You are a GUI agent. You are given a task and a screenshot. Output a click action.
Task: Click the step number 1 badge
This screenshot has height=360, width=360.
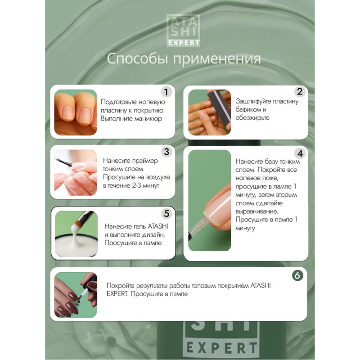pos(166,92)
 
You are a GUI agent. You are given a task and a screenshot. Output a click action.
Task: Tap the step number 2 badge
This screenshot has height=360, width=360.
pos(300,92)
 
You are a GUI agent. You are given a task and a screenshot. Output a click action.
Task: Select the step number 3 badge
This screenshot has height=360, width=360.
pos(166,152)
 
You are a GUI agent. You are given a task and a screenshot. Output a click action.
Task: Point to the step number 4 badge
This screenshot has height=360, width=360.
pos(300,153)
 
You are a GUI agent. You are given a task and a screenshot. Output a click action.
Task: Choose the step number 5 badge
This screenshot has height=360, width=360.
pos(166,213)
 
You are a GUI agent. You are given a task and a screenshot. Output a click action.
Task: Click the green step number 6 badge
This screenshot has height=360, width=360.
pos(297,275)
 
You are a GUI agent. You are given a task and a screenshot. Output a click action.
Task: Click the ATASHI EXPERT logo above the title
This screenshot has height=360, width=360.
pos(183,31)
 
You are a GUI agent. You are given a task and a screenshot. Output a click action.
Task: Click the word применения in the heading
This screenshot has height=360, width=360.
pos(217,59)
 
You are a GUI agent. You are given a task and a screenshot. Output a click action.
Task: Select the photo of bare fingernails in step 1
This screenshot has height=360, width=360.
pos(76,112)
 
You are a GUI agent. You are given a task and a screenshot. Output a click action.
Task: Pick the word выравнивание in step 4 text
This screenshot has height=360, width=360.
pos(256,211)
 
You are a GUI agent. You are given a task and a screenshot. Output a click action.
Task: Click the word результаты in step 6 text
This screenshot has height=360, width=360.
pos(152,286)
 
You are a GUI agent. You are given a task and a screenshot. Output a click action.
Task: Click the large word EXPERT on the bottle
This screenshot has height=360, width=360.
pos(221,348)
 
